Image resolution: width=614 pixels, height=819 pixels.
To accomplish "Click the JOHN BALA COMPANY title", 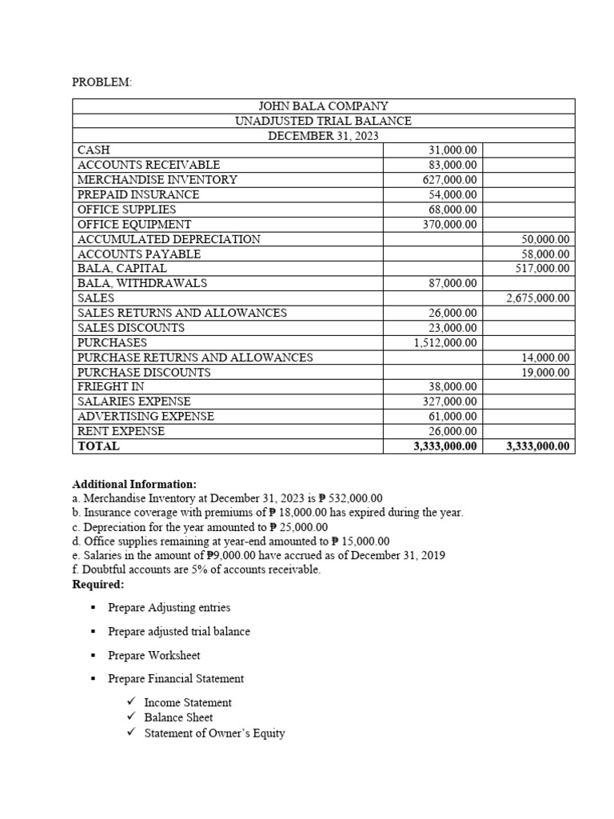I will [323, 106].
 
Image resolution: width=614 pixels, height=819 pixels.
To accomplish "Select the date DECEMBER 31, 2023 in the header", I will [323, 136].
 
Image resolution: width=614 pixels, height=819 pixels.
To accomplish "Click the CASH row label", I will [94, 150].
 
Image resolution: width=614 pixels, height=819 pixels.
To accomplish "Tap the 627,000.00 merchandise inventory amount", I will [449, 180].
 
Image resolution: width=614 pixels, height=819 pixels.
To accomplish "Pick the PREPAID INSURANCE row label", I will [138, 194].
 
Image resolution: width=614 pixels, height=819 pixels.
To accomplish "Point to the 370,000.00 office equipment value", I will [449, 225].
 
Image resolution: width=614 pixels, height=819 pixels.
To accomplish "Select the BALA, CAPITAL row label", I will [122, 269].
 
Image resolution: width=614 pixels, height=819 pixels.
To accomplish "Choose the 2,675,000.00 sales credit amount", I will [538, 298].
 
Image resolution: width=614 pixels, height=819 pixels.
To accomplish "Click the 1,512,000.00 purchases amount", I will [445, 343].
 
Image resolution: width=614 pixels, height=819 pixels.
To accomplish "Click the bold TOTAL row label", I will [98, 446].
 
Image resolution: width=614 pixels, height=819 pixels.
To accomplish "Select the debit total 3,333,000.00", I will [445, 446].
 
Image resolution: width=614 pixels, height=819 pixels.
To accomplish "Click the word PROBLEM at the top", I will [102, 82].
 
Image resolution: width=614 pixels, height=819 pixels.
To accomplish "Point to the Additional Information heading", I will [134, 485].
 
